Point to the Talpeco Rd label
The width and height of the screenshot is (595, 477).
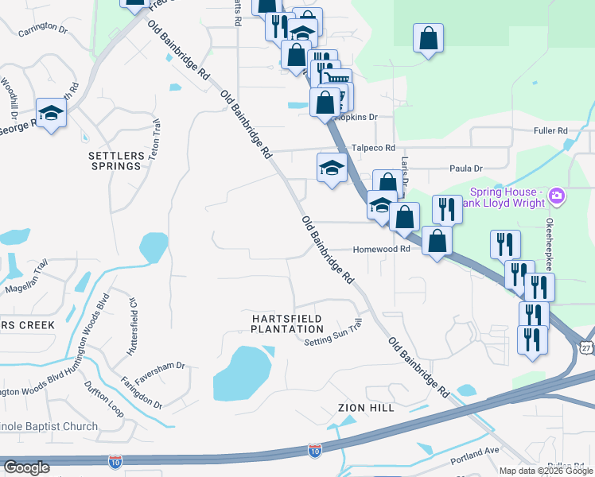373,148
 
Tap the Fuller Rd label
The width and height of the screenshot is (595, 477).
550,130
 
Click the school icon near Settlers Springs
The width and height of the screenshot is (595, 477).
51,113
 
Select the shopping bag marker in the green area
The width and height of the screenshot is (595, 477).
428,38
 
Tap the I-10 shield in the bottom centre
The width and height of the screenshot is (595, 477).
315,451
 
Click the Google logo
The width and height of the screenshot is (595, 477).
26,467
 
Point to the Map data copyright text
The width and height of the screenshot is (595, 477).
546,471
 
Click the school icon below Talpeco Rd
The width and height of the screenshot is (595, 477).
332,168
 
